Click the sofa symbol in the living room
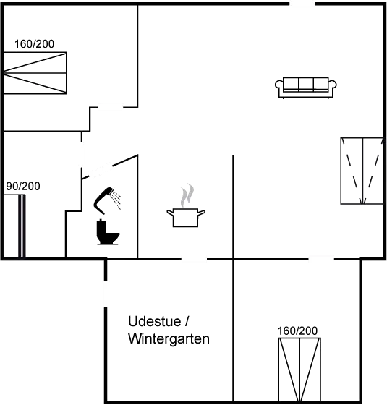[x=306, y=86]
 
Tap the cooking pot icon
[x=186, y=217]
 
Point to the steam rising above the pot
[x=187, y=194]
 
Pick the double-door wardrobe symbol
[x=361, y=171]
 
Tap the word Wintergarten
[x=168, y=338]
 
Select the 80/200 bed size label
[x=22, y=186]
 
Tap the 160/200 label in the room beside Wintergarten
[x=298, y=331]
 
